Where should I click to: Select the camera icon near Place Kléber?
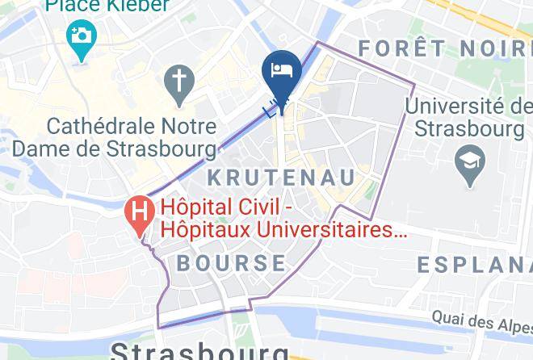(x=81, y=37)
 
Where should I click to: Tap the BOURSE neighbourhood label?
(x=231, y=263)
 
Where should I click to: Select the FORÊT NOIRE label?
(x=444, y=48)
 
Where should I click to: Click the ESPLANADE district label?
(x=474, y=264)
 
